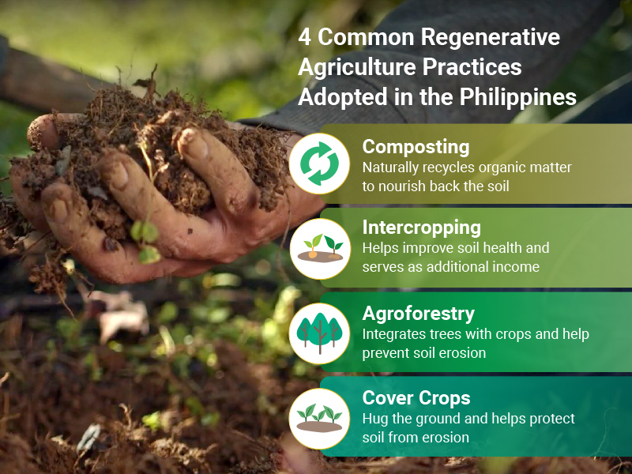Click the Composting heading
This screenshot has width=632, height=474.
click(416, 147)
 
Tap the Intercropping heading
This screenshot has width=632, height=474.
click(421, 228)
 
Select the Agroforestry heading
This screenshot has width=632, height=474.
click(419, 314)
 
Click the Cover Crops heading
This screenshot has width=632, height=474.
click(416, 398)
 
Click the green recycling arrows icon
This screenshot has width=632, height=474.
click(319, 164)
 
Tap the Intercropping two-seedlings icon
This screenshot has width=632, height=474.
click(321, 248)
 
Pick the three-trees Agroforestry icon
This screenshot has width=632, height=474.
click(319, 333)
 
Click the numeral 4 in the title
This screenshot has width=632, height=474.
click(304, 37)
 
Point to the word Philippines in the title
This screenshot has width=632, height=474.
click(517, 97)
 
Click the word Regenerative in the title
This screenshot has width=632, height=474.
click(491, 37)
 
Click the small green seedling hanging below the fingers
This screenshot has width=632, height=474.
click(145, 242)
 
